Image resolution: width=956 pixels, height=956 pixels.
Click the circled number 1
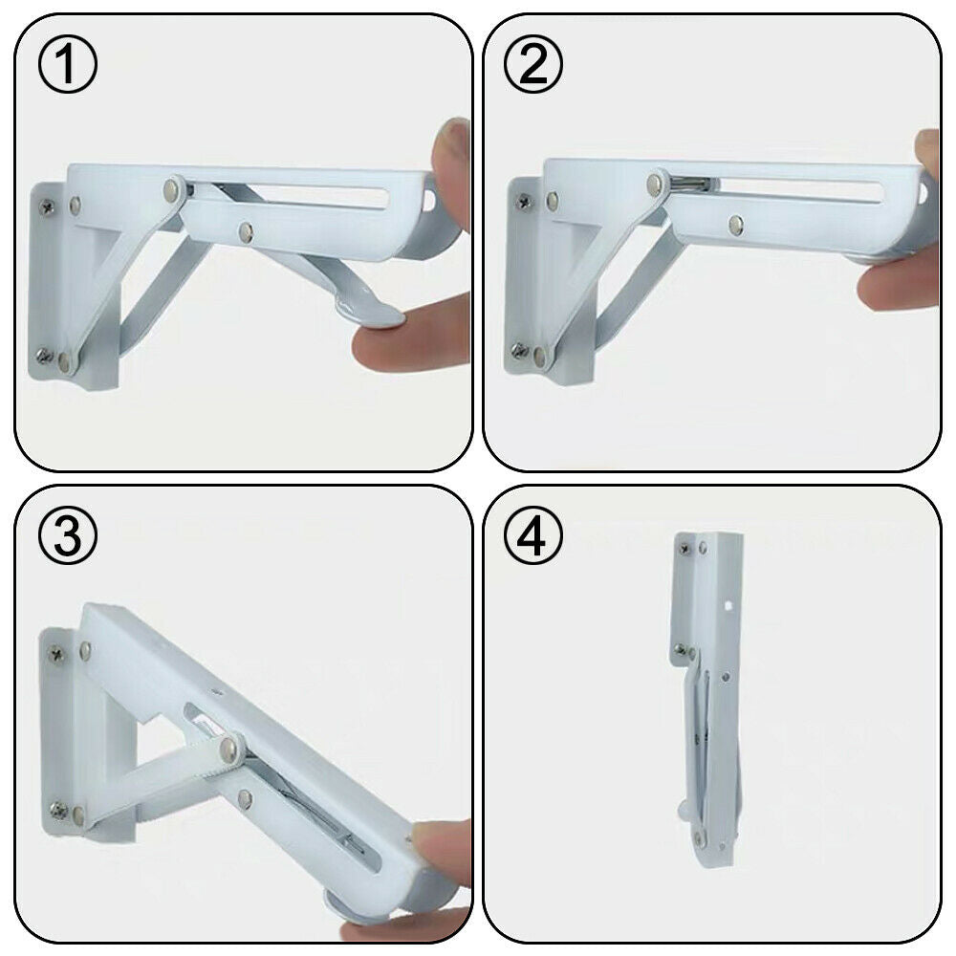pyautogui.click(x=67, y=64)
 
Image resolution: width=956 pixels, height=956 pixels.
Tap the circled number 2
pyautogui.click(x=533, y=64)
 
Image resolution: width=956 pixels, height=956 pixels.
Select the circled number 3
pyautogui.click(x=67, y=535)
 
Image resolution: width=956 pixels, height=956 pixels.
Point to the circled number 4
pyautogui.click(x=533, y=535)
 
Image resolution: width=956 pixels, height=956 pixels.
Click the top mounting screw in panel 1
pyautogui.click(x=46, y=206)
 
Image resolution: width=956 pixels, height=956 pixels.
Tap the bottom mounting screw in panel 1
pyautogui.click(x=44, y=356)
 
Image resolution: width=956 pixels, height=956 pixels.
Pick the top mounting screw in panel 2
pyautogui.click(x=523, y=201)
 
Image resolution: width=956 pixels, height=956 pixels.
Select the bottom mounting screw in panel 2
pyautogui.click(x=520, y=351)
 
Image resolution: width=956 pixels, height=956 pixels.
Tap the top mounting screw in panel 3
pyautogui.click(x=56, y=655)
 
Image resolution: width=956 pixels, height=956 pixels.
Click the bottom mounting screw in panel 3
pyautogui.click(x=58, y=811)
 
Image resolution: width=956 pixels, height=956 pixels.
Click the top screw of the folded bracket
pyautogui.click(x=684, y=548)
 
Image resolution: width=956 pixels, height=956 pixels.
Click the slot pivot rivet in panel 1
pyautogui.click(x=174, y=189)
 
